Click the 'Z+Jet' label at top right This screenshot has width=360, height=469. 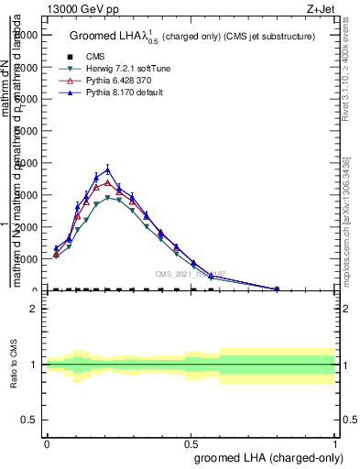320,8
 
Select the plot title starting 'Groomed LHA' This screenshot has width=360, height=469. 192,37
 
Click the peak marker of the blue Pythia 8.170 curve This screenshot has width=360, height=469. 107,169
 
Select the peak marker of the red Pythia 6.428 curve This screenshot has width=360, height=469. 107,182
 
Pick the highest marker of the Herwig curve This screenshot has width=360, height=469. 107,197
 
